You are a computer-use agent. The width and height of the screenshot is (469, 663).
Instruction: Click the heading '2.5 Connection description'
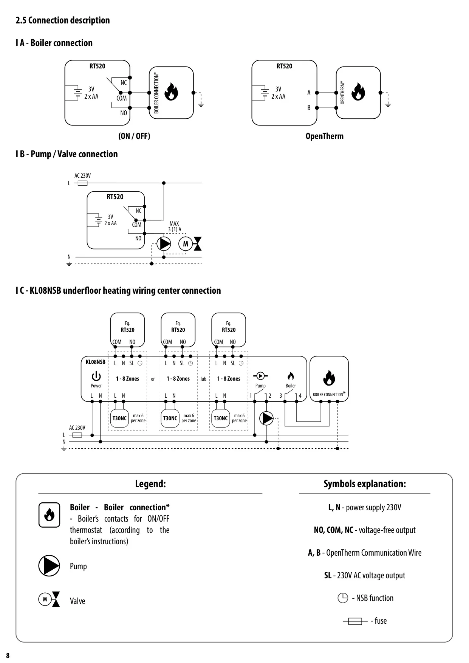63,20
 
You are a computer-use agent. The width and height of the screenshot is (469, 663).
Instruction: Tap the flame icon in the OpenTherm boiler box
358,91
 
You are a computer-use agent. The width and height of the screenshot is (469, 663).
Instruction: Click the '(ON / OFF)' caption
134,136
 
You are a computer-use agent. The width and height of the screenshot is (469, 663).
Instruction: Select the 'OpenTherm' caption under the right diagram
325,136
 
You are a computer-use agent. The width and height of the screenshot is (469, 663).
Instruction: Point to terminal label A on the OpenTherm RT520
309,93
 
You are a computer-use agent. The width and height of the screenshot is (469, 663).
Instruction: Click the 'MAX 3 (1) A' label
175,226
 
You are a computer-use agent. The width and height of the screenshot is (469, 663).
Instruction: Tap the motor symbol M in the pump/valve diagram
186,244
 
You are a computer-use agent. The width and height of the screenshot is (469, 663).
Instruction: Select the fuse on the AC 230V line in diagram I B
82,183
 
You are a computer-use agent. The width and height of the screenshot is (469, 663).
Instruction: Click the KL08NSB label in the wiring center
96,362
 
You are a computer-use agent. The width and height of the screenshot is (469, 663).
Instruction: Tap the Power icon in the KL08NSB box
96,376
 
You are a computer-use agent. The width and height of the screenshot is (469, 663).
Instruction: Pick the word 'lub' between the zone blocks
203,379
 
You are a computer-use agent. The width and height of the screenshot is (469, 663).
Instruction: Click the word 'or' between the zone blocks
153,379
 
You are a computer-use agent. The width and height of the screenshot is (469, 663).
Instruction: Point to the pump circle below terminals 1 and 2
266,418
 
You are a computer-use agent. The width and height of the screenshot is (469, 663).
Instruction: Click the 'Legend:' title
150,484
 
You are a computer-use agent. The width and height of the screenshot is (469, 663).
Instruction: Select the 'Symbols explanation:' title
365,484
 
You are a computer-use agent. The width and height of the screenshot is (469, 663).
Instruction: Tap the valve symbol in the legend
50,599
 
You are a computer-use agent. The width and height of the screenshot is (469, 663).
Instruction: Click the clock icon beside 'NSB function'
343,598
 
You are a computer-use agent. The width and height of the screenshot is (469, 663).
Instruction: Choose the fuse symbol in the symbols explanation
355,621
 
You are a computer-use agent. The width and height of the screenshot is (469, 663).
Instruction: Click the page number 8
8,655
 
